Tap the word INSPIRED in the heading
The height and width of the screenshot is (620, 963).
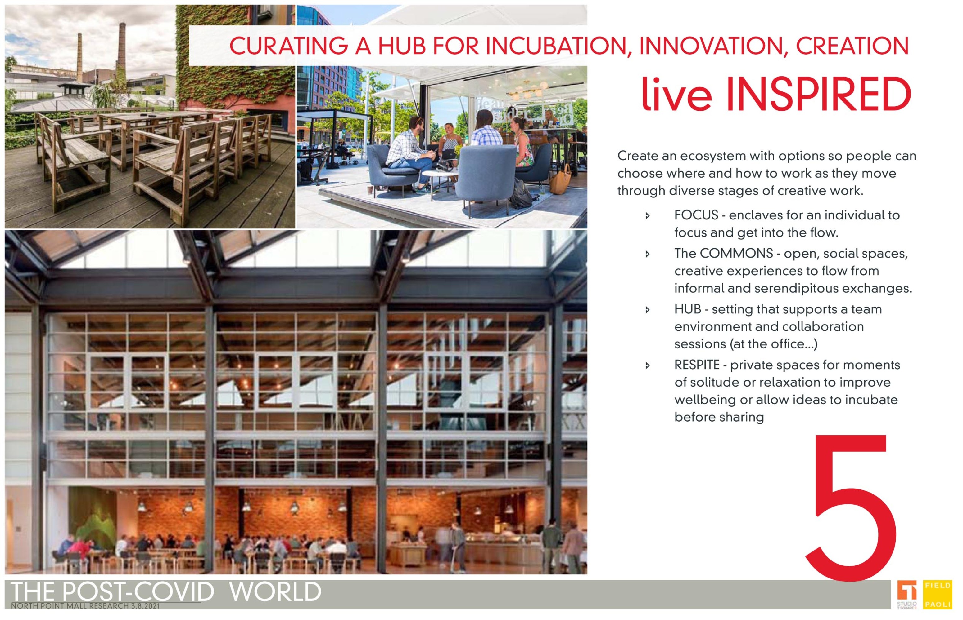(818, 95)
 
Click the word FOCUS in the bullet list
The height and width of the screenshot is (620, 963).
(696, 215)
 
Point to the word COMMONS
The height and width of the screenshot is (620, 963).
(736, 254)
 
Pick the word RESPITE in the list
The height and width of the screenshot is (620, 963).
(697, 365)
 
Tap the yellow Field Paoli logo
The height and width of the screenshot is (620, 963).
(938, 595)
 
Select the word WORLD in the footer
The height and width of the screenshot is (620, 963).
(275, 592)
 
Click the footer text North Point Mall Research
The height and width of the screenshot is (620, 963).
(85, 606)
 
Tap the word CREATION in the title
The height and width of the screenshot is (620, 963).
(852, 46)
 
